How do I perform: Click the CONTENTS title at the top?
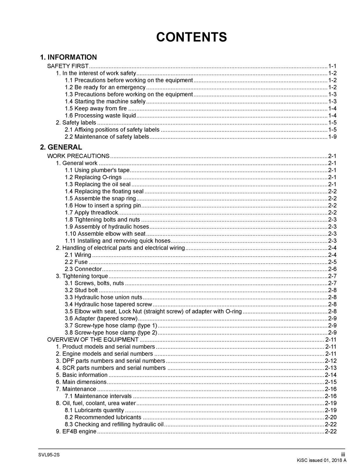click(191, 37)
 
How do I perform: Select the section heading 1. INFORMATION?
click(68, 57)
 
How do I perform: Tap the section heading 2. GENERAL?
click(61, 147)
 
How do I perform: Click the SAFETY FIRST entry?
click(68, 66)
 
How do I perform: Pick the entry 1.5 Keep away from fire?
click(96, 109)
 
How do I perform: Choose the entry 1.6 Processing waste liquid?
click(100, 116)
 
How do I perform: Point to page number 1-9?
click(332, 137)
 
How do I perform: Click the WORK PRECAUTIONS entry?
click(78, 156)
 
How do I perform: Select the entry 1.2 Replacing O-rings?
click(93, 177)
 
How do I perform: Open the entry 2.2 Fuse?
click(76, 262)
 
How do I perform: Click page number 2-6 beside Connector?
click(332, 269)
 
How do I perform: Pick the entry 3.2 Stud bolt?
click(82, 290)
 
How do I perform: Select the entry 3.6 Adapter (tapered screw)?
click(101, 319)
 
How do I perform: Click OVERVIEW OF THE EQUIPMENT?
click(93, 340)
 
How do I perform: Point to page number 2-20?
click(331, 417)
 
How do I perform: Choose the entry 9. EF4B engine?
click(76, 431)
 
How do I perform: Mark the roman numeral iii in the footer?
click(343, 455)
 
